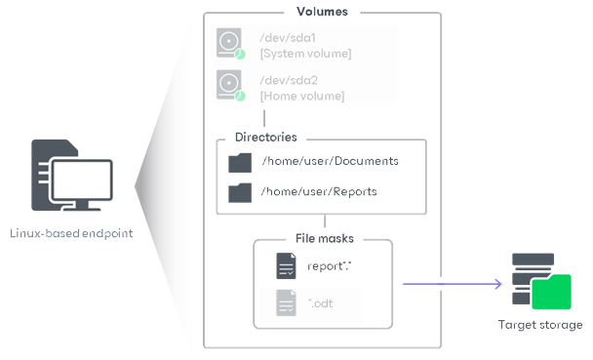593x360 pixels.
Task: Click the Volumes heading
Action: coord(321,12)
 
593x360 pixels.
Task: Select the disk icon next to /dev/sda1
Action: coord(230,44)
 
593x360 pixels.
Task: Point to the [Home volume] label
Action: coord(301,96)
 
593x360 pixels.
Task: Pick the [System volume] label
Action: coord(305,53)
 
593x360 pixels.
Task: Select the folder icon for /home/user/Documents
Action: coord(240,162)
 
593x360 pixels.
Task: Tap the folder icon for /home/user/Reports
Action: coord(240,191)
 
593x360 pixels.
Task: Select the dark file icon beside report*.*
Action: coord(286,265)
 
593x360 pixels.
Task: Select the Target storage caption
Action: coord(540,325)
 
